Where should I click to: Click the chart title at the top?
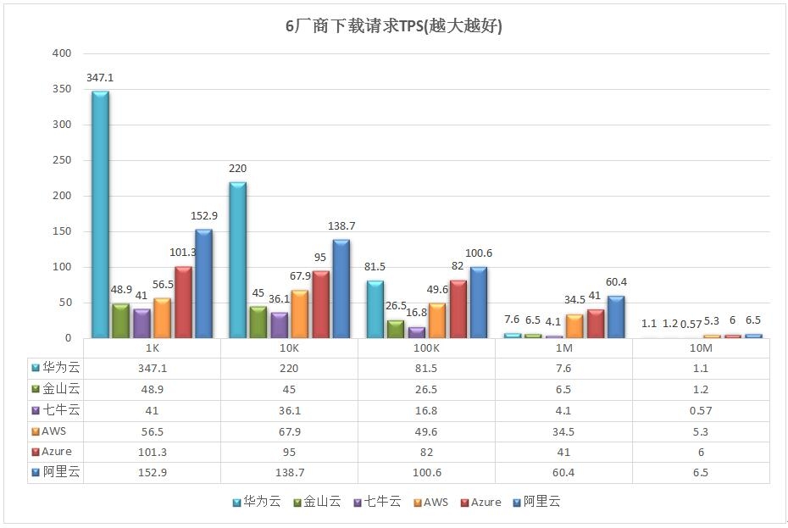(393, 26)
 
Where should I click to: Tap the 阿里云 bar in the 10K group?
(341, 289)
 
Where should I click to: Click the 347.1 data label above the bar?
(100, 78)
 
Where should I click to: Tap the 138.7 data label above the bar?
(341, 227)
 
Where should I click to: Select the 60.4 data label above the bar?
(615, 282)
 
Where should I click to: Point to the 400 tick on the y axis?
(61, 53)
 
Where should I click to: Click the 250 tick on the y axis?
(61, 160)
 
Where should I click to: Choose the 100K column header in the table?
(426, 348)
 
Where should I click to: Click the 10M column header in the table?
(701, 348)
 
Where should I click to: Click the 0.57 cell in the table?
(701, 410)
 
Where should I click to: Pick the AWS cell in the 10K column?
(289, 431)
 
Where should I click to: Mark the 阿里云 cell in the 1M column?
(563, 473)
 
